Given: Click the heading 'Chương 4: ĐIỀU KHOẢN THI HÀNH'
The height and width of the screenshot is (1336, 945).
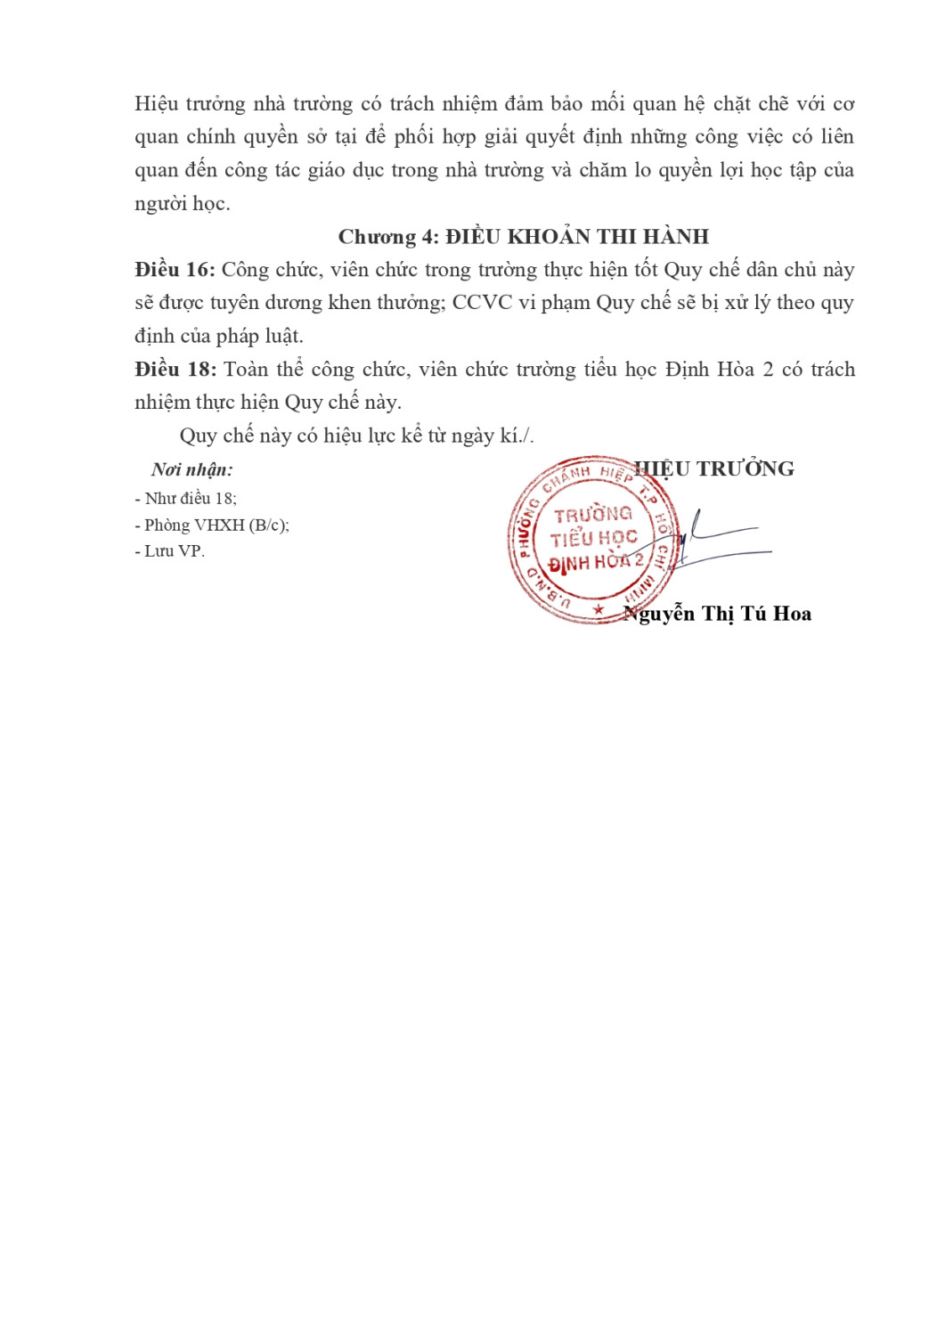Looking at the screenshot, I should tap(523, 237).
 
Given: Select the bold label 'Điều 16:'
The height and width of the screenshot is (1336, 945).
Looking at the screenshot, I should tap(175, 270).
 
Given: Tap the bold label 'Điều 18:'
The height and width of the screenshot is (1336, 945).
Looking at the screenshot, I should tap(175, 370).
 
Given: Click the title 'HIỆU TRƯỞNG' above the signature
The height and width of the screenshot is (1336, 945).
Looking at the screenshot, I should tap(714, 469).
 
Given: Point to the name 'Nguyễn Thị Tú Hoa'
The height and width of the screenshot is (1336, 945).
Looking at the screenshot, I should tap(718, 614).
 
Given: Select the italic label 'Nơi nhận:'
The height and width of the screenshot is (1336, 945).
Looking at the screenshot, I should tap(192, 470).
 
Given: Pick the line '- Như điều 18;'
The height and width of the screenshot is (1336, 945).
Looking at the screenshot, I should tap(185, 499).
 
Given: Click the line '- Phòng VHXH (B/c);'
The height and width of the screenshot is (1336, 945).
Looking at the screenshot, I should tap(212, 525).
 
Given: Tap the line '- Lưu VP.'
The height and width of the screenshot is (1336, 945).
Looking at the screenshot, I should tap(169, 551).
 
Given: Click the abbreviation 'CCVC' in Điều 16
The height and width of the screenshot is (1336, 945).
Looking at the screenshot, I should tap(482, 303).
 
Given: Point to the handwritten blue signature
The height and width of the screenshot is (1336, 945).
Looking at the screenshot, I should tap(713, 542).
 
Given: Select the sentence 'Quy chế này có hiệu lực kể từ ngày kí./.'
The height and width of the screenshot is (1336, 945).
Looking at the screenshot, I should tap(356, 436).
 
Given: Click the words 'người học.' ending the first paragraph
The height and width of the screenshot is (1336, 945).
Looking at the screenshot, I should tap(183, 204).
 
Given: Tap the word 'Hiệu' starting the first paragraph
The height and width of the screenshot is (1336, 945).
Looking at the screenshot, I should tap(156, 104).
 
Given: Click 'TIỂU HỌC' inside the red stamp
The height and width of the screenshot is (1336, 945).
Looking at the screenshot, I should tap(593, 538).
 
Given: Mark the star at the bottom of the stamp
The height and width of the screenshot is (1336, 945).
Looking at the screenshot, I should tap(599, 610).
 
